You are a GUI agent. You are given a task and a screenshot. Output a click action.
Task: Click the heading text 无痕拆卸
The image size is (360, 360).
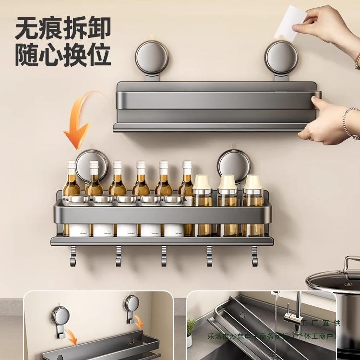pos(63,29)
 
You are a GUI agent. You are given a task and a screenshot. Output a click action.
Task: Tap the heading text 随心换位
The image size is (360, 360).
pos(63,55)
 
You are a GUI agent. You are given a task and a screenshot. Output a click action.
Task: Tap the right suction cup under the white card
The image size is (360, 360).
pos(282,58)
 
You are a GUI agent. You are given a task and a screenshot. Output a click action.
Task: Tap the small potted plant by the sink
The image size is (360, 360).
pos(191,331)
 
